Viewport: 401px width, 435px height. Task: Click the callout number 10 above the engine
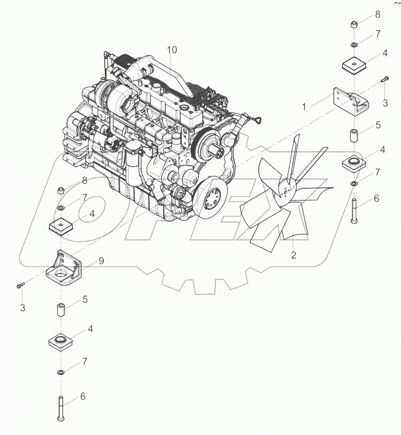pyautogui.click(x=171, y=50)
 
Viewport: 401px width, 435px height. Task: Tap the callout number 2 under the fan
pyautogui.click(x=293, y=255)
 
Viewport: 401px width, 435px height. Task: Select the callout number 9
pyautogui.click(x=101, y=261)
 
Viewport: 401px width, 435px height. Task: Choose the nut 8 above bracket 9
pyautogui.click(x=61, y=191)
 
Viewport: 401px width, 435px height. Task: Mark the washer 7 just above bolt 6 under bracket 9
pyautogui.click(x=61, y=371)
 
